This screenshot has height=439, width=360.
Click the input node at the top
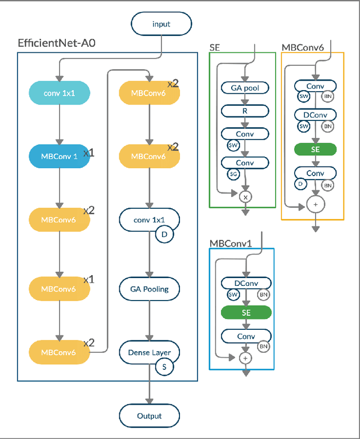(x=161, y=24)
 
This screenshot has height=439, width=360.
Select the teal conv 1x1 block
(x=58, y=93)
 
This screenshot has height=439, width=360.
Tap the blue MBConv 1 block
(x=58, y=157)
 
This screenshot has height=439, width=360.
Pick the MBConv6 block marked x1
(x=58, y=288)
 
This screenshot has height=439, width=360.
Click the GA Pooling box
(x=149, y=289)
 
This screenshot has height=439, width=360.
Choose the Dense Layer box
(x=149, y=353)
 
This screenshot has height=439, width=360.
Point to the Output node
(x=149, y=416)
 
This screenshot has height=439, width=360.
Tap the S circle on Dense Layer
(x=165, y=366)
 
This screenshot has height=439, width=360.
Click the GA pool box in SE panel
(x=245, y=88)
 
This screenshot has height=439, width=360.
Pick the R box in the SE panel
(x=245, y=111)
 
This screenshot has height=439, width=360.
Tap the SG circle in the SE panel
(x=233, y=175)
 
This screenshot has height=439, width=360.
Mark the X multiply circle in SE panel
(x=245, y=197)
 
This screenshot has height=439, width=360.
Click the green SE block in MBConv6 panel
(x=315, y=149)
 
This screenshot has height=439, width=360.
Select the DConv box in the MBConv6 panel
(x=315, y=115)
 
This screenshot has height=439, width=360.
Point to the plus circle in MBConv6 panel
(x=315, y=204)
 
